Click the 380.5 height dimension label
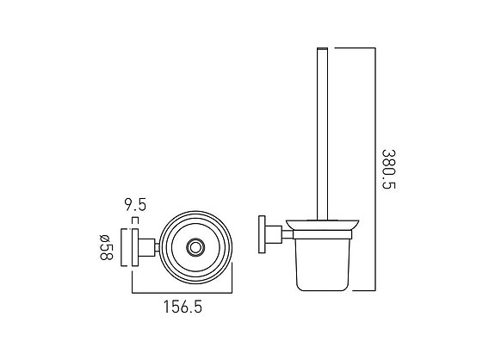pos(389,171)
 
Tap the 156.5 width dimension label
pos(184,305)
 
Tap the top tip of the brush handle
pos(323,50)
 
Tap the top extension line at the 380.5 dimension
pos(353,47)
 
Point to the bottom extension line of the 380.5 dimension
pos(357,289)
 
